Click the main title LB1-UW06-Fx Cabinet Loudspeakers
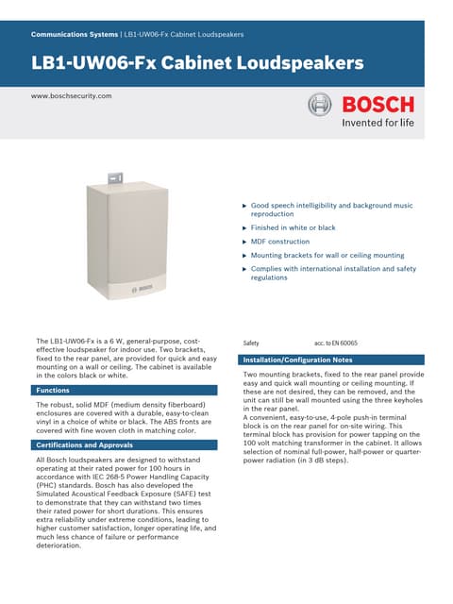tap(197, 64)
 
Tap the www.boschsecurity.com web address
tap(72, 96)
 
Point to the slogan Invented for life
tap(377, 123)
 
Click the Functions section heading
tap(53, 390)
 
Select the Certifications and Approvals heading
tap(84, 444)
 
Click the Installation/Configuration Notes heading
tap(297, 361)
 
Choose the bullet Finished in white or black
tap(293, 227)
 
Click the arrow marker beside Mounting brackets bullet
tap(244, 255)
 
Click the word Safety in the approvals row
tap(251, 343)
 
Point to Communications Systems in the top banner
tap(75, 34)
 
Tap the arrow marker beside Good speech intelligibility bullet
tap(244, 205)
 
